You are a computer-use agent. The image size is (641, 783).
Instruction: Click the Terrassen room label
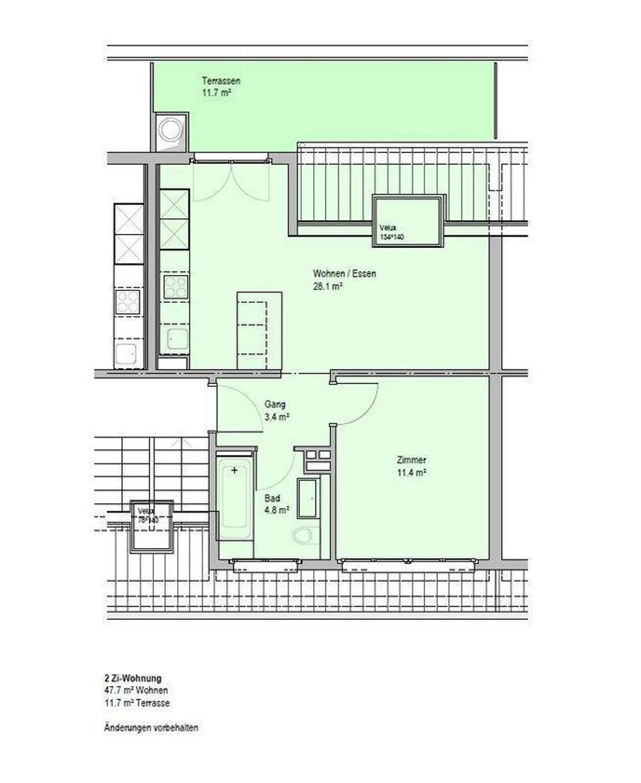221,81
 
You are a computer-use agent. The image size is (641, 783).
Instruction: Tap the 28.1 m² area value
328,287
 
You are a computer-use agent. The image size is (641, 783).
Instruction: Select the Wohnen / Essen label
345,274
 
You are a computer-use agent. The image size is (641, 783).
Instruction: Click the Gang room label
275,404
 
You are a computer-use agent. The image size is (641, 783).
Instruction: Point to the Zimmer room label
411,460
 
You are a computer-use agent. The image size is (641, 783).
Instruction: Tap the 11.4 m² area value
411,473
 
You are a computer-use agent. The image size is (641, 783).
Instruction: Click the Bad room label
272,498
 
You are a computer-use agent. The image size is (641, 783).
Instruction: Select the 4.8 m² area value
276,511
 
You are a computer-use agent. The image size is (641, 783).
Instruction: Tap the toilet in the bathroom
305,536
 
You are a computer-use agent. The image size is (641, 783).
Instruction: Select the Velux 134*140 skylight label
391,232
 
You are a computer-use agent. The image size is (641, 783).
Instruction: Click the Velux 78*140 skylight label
148,515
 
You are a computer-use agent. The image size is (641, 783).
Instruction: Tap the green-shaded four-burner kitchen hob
176,287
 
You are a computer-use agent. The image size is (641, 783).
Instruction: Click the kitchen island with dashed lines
259,330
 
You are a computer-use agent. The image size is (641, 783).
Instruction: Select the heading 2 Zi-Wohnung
133,678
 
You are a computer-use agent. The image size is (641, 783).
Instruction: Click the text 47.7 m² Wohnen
136,690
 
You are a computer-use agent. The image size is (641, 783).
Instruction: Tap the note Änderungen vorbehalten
151,728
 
